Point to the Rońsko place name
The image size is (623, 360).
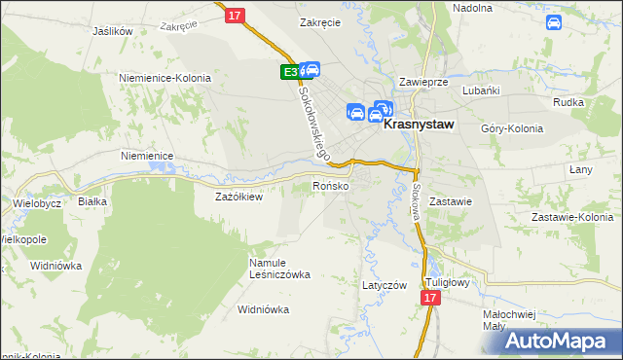click(330, 186)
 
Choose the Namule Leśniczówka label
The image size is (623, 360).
click(278, 268)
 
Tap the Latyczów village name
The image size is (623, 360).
click(384, 285)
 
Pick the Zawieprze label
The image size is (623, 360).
click(422, 83)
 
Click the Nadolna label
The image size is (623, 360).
click(472, 7)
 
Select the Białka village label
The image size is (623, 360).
click(92, 201)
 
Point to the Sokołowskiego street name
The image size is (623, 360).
click(314, 121)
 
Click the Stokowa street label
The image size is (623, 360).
click(417, 199)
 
